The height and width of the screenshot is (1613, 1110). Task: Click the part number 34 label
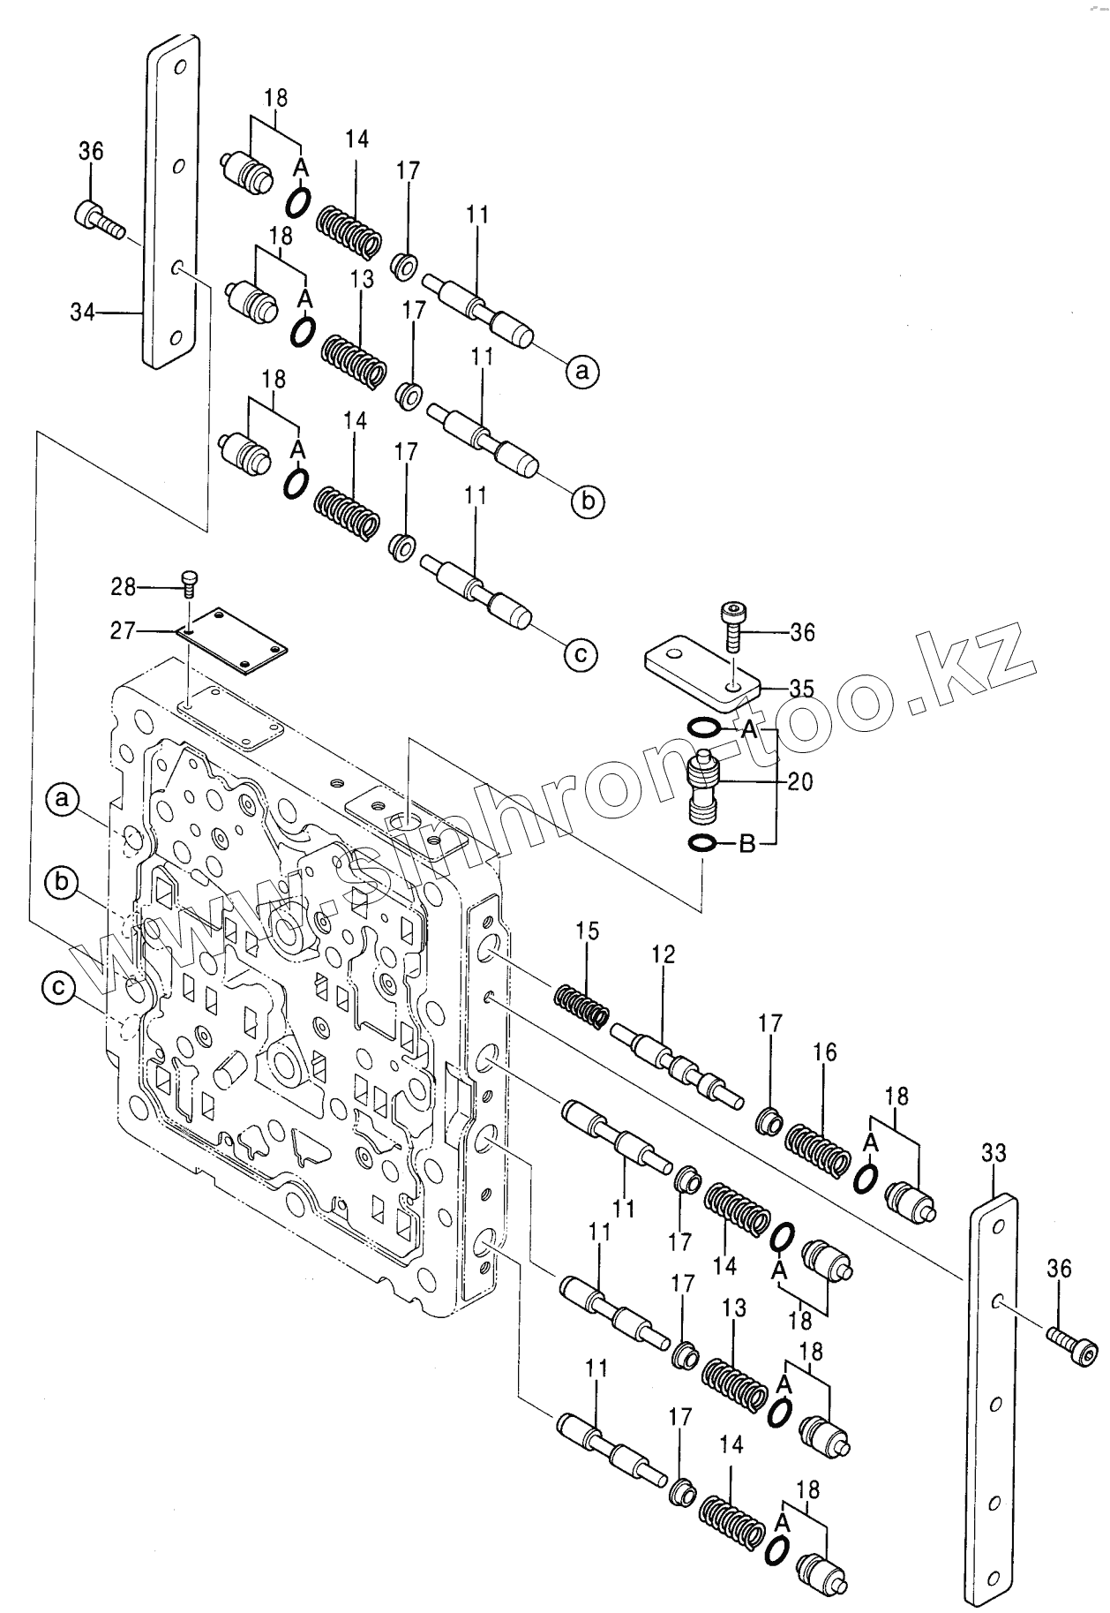81,313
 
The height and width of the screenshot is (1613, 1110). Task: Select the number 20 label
801,781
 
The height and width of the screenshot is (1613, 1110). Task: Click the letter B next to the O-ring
746,845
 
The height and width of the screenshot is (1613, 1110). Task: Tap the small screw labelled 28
190,579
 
